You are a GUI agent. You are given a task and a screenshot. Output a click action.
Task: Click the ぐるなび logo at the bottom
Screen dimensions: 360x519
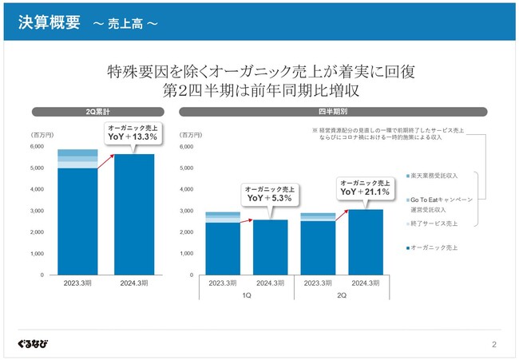(32, 344)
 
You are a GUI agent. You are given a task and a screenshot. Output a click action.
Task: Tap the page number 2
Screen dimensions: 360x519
(494, 345)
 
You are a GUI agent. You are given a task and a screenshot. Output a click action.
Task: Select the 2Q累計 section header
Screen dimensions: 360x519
(98, 112)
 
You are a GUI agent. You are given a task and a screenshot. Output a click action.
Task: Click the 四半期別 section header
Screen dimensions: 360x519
(333, 112)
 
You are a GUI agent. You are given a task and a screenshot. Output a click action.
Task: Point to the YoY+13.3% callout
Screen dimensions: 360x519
(132, 133)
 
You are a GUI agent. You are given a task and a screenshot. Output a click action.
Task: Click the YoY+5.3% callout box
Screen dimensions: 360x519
(268, 193)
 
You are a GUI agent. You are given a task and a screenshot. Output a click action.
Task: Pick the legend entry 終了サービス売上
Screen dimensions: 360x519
(436, 224)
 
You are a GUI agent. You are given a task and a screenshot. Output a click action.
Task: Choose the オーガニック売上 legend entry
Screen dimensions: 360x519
(434, 248)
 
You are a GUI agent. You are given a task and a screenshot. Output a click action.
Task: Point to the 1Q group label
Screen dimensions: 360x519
(246, 295)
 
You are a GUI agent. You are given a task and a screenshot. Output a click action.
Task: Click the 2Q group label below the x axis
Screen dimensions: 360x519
(342, 295)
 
